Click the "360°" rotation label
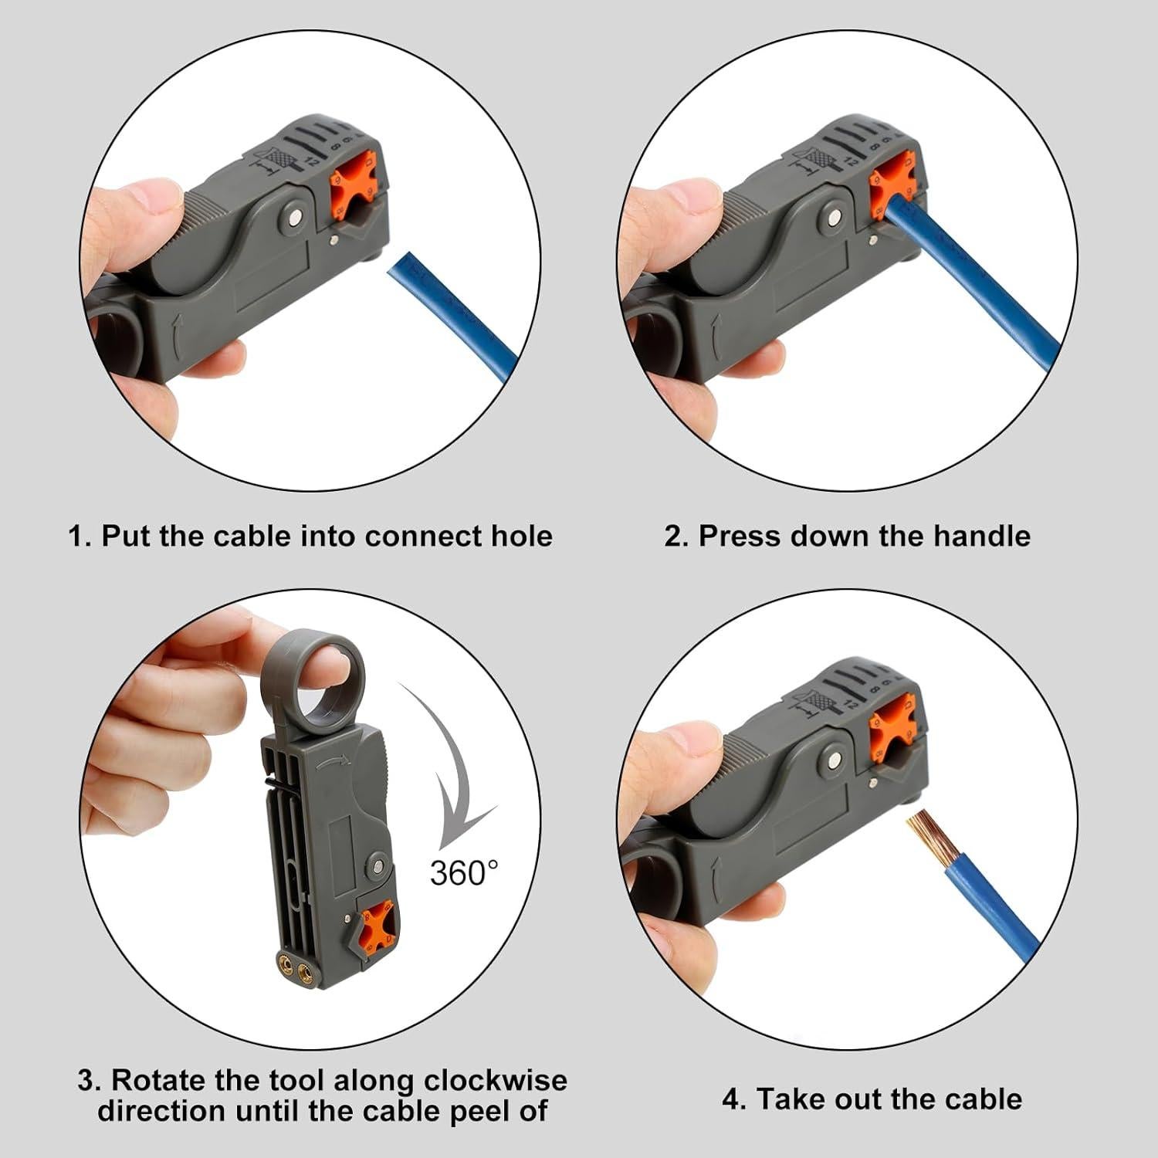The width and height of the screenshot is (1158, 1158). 464,872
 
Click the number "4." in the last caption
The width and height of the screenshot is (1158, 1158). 733,1099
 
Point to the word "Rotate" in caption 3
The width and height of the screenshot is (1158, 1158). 159,1080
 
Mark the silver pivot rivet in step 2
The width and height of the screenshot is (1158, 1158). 831,219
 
